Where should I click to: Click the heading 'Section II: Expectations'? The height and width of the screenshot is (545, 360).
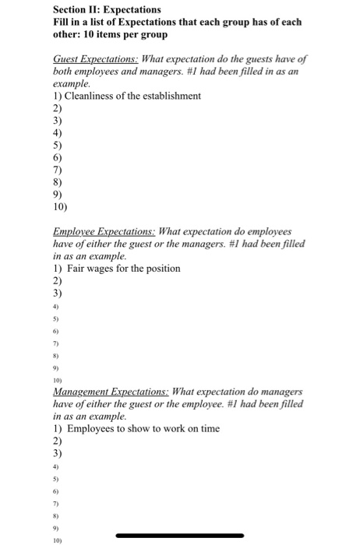(107, 9)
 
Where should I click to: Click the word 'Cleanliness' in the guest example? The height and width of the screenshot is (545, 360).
(95, 95)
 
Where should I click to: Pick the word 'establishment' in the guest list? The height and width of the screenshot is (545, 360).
(146, 95)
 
